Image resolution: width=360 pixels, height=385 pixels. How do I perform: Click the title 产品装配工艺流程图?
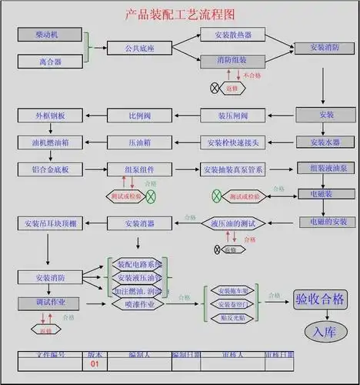[x=179, y=15]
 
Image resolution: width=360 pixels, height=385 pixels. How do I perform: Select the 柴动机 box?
[x=50, y=35]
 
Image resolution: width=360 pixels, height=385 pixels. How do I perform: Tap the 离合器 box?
[x=50, y=61]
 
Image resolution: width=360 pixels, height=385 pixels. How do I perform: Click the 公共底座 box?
[x=139, y=48]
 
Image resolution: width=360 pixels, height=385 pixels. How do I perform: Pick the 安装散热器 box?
[x=233, y=35]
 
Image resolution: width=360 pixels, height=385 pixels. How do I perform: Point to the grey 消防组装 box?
[x=233, y=61]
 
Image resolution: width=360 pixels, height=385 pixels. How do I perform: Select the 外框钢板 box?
[x=50, y=115]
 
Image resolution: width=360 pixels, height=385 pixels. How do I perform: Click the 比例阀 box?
[x=139, y=115]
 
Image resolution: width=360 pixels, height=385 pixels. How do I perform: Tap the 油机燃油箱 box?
[x=50, y=142]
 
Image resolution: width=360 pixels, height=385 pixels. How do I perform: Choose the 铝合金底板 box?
[x=50, y=169]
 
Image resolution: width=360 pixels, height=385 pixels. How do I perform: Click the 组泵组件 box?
[x=139, y=169]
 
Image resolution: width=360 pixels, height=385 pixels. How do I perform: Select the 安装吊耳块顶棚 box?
[x=50, y=223]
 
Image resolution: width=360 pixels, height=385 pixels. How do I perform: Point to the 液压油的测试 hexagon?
[x=233, y=223]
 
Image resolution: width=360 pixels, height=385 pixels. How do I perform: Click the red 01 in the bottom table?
[x=95, y=363]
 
